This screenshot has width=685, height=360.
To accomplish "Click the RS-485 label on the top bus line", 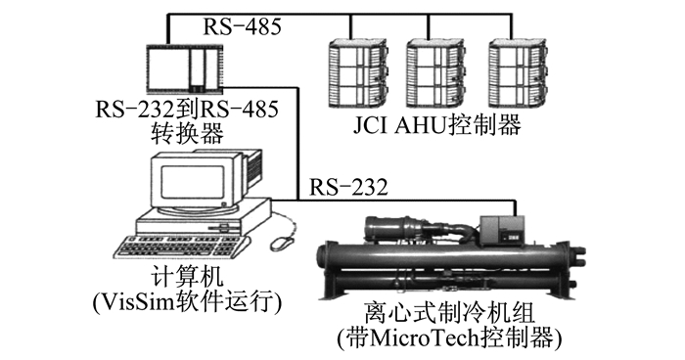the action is click(242, 26).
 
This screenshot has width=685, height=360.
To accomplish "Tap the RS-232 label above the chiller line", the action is click(348, 187).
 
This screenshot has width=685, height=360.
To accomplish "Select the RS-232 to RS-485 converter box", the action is click(184, 69).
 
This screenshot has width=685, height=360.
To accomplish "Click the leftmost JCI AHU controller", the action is click(358, 73).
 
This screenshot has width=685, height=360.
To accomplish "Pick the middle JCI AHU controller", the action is click(434, 73).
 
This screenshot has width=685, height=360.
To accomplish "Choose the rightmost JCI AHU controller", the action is click(518, 73).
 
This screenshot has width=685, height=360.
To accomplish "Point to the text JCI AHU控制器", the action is click(436, 125).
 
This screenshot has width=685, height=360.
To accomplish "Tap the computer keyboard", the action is click(179, 247).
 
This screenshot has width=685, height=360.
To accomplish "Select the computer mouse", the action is click(282, 242).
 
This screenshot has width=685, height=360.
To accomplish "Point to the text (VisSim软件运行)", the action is click(187, 302).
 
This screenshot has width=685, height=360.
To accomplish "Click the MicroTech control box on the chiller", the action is click(502, 230).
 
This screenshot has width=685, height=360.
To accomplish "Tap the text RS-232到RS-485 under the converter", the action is click(187, 110).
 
